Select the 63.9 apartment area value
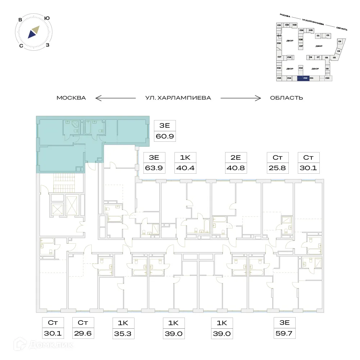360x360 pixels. pos(154,168)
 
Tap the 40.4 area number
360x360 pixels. pos(185,168)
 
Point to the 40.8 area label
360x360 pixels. pos(236,168)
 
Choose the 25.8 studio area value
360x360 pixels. pos(277,168)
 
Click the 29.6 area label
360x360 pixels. pos(83,333)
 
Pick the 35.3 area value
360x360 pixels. pos(123,333)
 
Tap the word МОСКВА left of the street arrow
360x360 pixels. pos(71,98)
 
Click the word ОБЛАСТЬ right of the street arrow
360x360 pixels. pos(287,98)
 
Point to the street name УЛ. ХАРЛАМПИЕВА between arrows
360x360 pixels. pos(178,98)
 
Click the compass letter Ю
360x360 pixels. pos(47,18)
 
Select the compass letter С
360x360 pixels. pos(21,46)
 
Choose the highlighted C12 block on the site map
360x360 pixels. pos(304,78)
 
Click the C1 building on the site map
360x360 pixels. pos(318,36)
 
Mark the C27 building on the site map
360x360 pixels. pos(301,46)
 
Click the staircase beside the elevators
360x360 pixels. pos(63,182)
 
